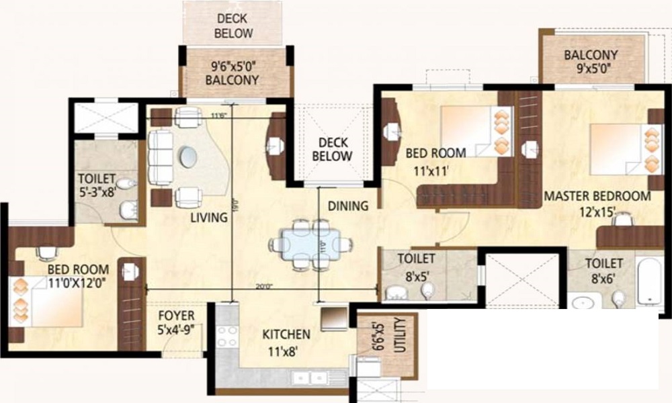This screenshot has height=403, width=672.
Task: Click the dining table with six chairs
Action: click(x=306, y=244)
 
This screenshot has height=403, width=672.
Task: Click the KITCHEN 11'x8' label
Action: click(x=286, y=341)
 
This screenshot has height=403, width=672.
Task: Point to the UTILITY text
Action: click(x=401, y=335)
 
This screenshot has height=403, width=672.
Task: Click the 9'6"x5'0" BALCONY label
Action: click(x=233, y=73)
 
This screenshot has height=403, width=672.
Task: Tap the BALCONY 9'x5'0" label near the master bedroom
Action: click(x=591, y=61)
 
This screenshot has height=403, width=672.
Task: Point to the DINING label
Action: click(x=348, y=206)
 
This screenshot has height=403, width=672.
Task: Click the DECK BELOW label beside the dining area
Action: click(x=332, y=149)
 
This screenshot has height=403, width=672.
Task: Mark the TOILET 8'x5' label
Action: click(x=416, y=266)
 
